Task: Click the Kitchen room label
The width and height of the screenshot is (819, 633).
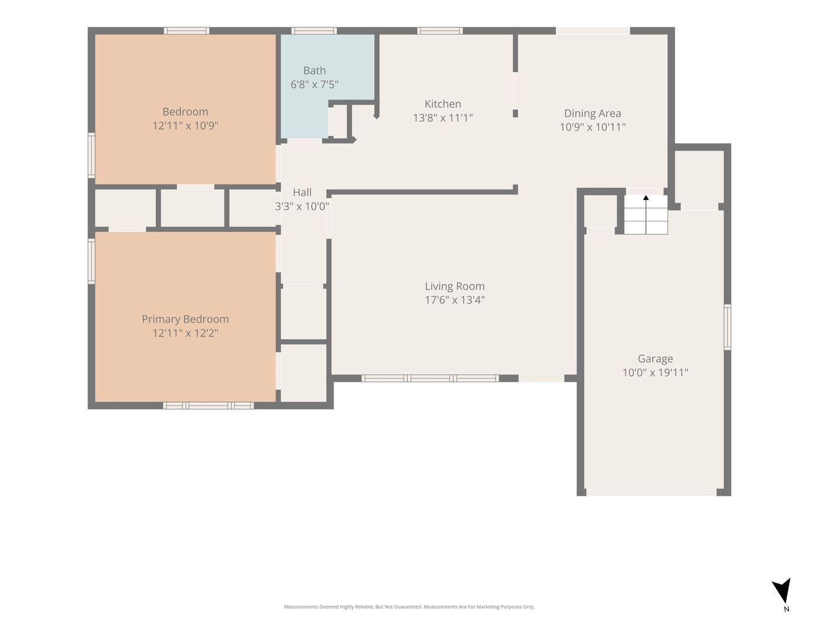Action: click(x=442, y=104)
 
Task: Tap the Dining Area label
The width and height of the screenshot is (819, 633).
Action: click(x=592, y=113)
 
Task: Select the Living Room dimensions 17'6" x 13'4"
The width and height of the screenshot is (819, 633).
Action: click(x=455, y=300)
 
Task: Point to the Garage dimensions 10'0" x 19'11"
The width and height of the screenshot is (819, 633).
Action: click(x=655, y=373)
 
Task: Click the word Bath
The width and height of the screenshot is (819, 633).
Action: click(x=315, y=70)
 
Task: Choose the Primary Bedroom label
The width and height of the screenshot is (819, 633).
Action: click(x=185, y=319)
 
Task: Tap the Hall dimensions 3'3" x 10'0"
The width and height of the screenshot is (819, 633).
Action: click(x=302, y=206)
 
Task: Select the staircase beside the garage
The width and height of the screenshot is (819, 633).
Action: click(x=646, y=215)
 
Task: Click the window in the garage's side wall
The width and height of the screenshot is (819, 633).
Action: click(x=728, y=327)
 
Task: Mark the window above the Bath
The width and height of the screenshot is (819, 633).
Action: click(x=314, y=30)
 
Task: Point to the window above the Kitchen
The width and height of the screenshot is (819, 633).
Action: click(x=439, y=30)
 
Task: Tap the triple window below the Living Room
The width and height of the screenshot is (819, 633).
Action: click(x=430, y=378)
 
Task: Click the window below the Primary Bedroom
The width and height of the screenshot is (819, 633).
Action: click(x=208, y=405)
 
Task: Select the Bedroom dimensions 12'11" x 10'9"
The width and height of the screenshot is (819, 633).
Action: click(x=185, y=125)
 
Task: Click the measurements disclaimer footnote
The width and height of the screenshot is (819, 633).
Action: click(x=409, y=607)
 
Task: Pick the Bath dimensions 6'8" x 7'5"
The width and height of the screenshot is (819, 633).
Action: click(x=315, y=84)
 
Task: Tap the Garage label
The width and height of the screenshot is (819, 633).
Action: click(x=655, y=359)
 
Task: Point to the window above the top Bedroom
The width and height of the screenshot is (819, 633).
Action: click(x=186, y=30)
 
